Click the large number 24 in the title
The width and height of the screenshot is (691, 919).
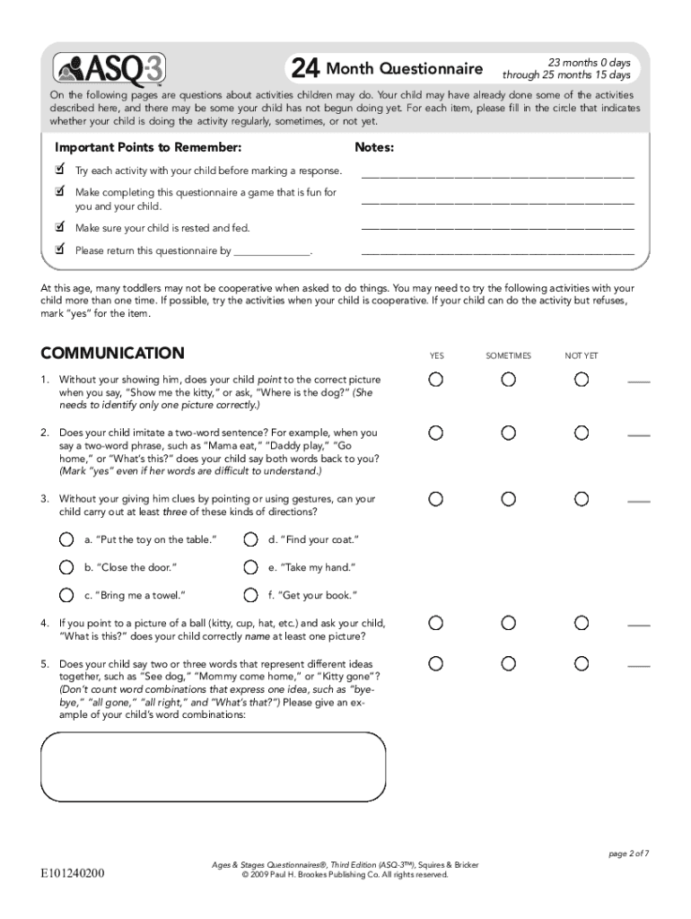(304, 69)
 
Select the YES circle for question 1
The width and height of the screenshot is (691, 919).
(435, 380)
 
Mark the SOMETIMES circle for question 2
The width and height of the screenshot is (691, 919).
(509, 433)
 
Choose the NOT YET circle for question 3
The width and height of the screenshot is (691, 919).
(582, 498)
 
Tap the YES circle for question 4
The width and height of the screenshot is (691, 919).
(435, 622)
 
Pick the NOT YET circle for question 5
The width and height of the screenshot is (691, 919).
(582, 663)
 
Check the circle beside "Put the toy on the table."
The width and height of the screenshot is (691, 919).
(66, 539)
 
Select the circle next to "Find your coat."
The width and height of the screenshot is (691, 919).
(250, 539)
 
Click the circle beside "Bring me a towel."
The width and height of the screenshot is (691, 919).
(66, 594)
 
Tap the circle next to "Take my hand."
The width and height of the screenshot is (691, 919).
(250, 567)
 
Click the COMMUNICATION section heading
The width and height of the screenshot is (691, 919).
(112, 354)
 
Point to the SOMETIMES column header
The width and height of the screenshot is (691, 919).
(508, 356)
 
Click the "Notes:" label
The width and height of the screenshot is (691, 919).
(374, 147)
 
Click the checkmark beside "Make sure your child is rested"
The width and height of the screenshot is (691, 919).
(60, 227)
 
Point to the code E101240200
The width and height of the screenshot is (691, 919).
(72, 871)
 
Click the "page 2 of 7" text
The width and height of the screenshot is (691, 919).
(628, 853)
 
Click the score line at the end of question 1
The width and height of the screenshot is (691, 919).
(638, 383)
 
